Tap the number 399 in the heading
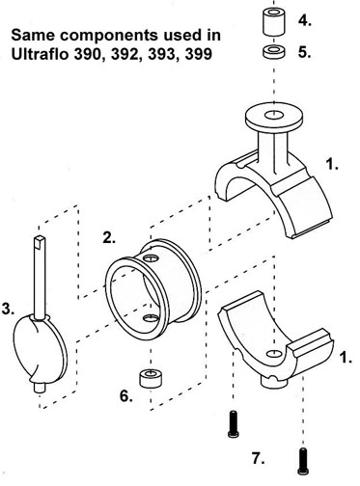coord(199,54)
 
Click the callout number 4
coord(304,21)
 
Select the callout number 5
coord(304,52)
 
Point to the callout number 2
coord(109,237)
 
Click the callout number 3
coord(8,309)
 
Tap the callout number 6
coord(126,396)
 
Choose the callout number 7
coord(259,459)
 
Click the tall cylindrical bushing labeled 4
coord(273,22)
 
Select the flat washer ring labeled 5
coord(273,52)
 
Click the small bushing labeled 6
coord(151,378)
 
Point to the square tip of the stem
coord(40,240)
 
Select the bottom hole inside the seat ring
coord(151,318)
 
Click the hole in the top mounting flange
coord(273,115)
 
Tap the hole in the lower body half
coord(273,354)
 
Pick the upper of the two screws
coord(233,424)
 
